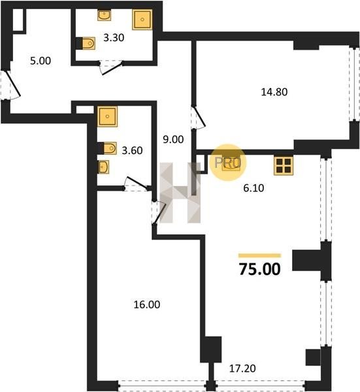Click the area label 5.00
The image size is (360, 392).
41,61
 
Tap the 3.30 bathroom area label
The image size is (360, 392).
114,38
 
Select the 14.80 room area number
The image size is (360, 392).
274,92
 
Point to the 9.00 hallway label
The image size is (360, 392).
173,139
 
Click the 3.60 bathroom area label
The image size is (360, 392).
132,150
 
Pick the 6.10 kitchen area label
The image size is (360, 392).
254,188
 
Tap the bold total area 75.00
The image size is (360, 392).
260,269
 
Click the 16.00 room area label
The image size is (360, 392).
147,304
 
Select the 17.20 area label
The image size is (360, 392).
242,368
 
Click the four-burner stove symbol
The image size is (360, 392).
284,165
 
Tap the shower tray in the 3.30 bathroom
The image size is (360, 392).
142,20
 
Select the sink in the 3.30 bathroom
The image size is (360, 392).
105,15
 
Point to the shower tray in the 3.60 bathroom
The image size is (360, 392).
107,116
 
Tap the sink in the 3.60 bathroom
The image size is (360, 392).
103,167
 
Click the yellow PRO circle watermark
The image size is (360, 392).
228,163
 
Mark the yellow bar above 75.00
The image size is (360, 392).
259,255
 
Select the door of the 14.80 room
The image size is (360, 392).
199,118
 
